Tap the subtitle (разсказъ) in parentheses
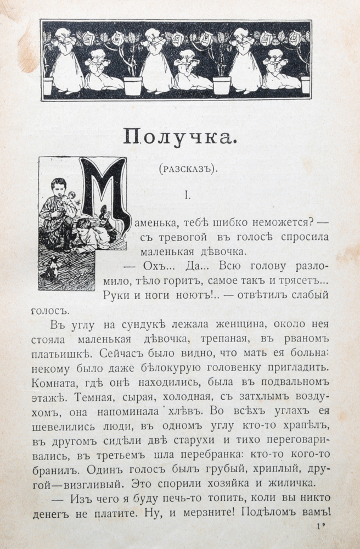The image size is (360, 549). [x=188, y=170]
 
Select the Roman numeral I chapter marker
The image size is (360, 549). [x=188, y=195]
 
